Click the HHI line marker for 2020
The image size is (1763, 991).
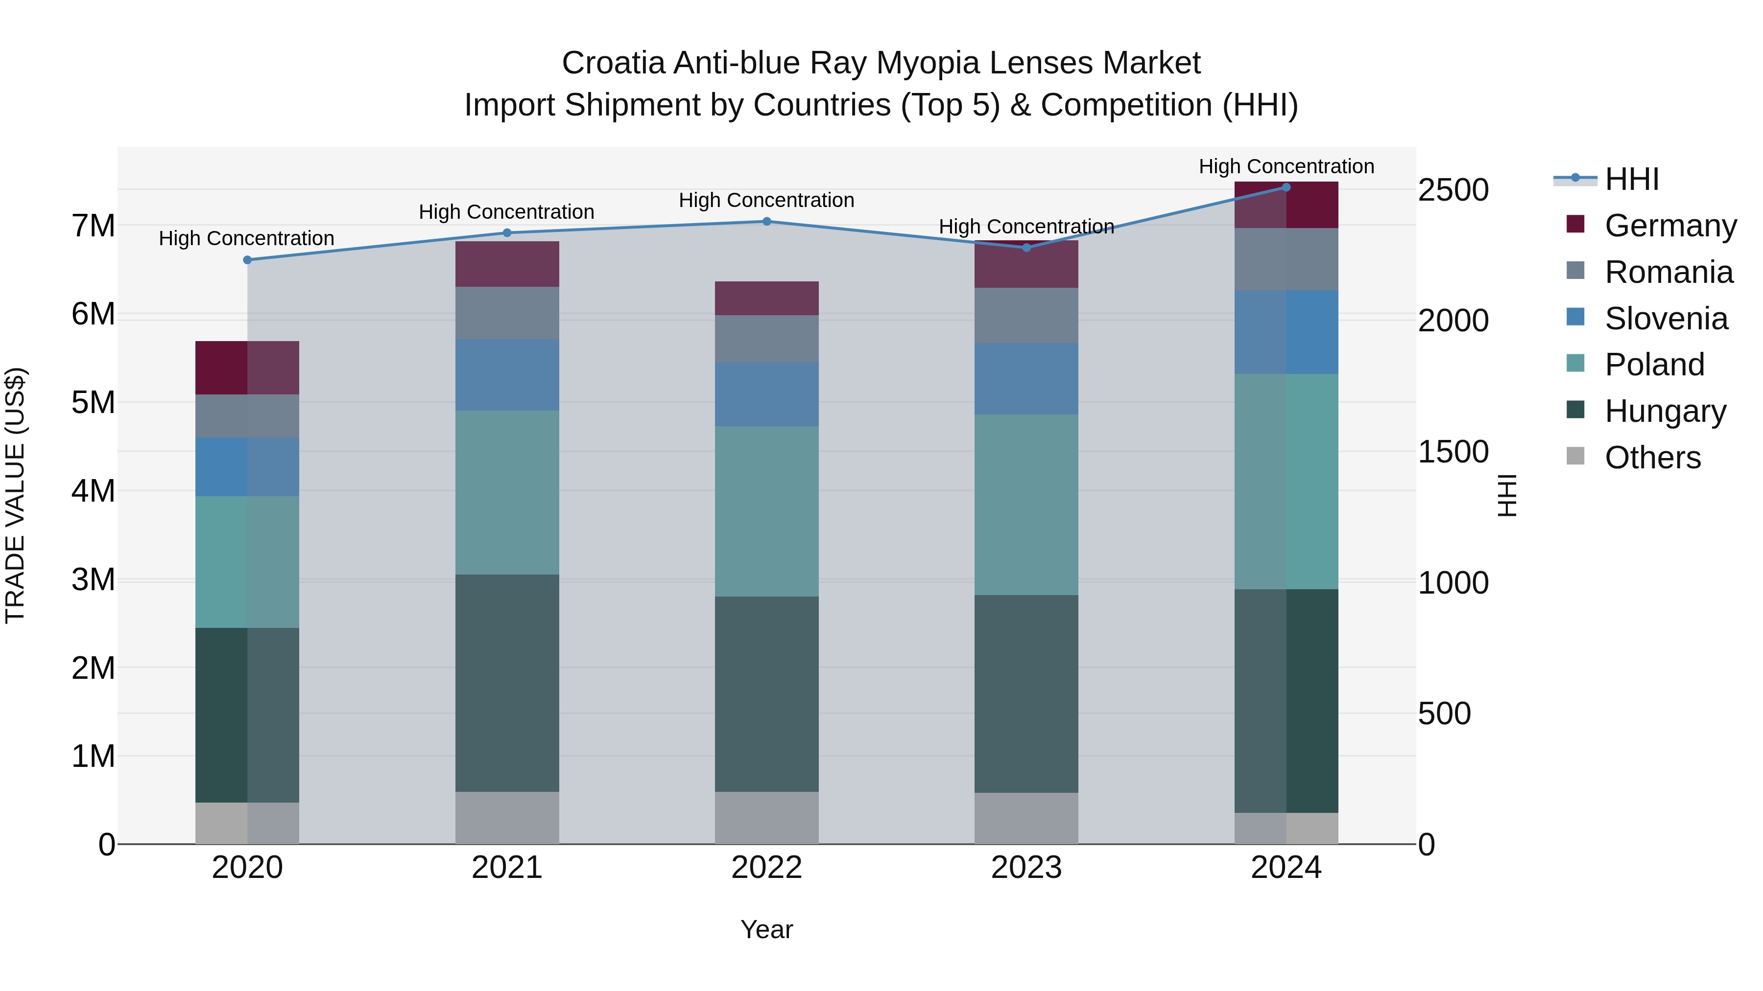tap(248, 260)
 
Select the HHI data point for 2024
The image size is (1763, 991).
tap(1286, 187)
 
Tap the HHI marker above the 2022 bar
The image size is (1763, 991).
tap(766, 222)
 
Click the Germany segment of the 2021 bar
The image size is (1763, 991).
tap(507, 264)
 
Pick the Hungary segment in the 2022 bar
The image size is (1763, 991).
tap(766, 694)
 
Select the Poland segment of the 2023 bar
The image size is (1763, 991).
tap(1026, 505)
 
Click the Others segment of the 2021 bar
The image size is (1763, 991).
tap(507, 818)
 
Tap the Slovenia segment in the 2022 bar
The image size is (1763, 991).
tap(766, 394)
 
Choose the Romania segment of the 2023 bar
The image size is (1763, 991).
tap(1026, 315)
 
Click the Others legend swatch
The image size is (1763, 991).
tap(1575, 456)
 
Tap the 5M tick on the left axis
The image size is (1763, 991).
tap(93, 402)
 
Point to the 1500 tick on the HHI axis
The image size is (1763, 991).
tap(1453, 452)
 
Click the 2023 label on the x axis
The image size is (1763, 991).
tap(1026, 868)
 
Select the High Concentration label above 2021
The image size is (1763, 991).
tap(506, 212)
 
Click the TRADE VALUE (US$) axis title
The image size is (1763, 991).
tap(15, 495)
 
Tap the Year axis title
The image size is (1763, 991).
tap(766, 929)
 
